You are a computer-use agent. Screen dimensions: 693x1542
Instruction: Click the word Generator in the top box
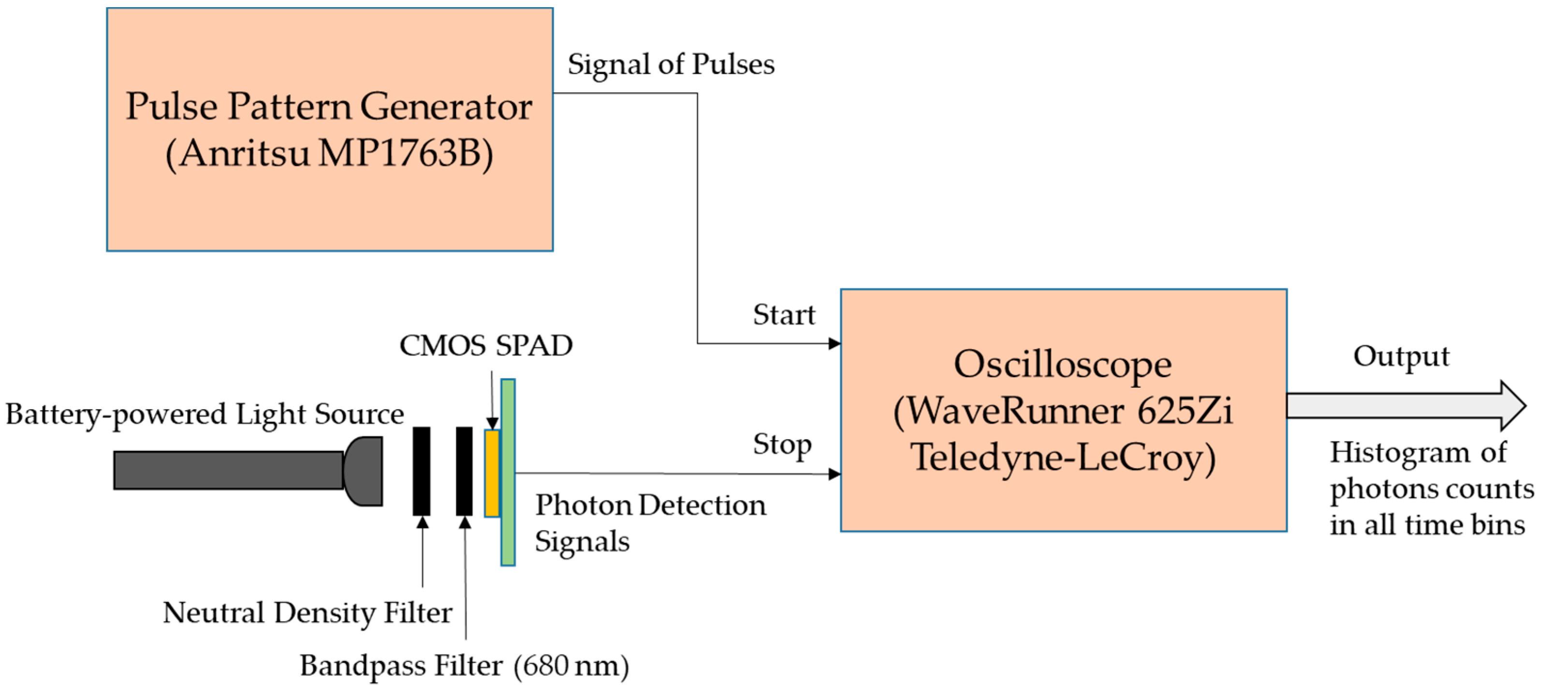tap(446, 106)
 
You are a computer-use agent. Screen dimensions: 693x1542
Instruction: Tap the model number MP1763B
tap(406, 153)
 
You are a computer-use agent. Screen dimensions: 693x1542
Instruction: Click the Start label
tap(783, 315)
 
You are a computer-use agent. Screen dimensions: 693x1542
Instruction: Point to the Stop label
tap(782, 444)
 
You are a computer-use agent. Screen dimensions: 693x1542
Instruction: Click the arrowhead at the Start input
tap(835, 343)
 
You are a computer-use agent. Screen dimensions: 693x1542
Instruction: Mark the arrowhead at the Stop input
tap(835, 474)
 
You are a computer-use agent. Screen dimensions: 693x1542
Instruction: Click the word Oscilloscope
tap(1062, 365)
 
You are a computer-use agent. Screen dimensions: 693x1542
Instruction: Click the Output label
tap(1401, 357)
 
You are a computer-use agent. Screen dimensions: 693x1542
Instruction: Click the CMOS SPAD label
tap(485, 346)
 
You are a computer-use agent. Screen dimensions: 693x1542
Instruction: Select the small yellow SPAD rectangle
tap(492, 473)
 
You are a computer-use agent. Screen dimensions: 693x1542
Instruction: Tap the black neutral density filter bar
tap(422, 471)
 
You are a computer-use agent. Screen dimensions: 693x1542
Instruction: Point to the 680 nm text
tap(571, 666)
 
